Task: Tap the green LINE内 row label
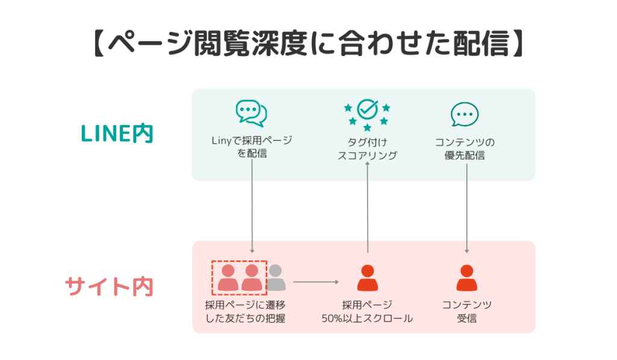(x=117, y=134)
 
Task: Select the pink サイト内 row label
(x=109, y=286)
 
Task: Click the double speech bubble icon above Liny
(x=251, y=113)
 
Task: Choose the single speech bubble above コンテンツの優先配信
(x=465, y=115)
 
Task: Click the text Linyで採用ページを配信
(x=251, y=147)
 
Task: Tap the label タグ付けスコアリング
(x=367, y=148)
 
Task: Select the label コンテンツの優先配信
(x=465, y=148)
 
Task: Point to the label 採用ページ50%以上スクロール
(x=367, y=311)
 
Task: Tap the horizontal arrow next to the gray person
(x=316, y=282)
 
